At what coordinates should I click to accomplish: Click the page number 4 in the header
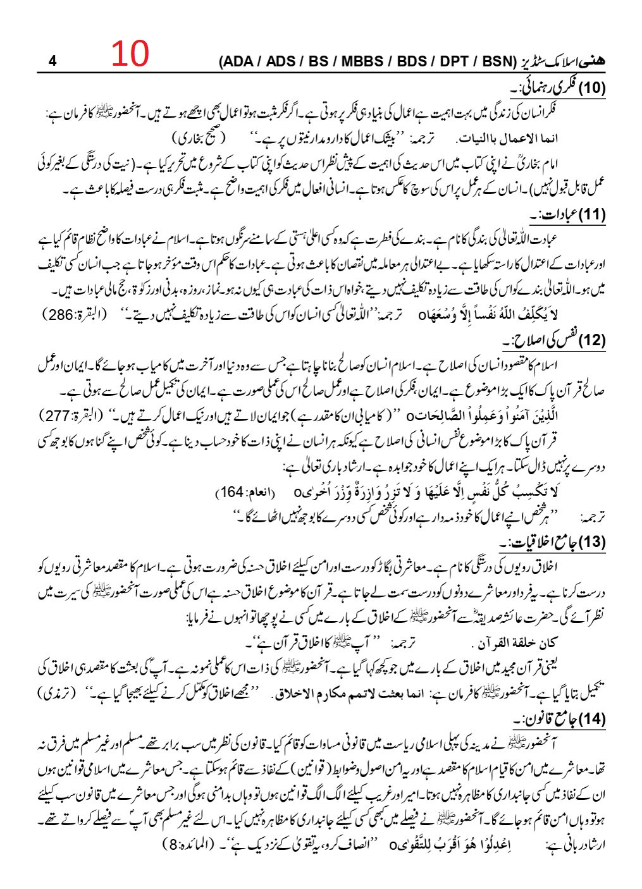click(x=52, y=61)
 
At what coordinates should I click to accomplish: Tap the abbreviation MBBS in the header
click(x=362, y=61)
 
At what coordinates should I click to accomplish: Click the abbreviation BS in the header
click(x=321, y=61)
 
